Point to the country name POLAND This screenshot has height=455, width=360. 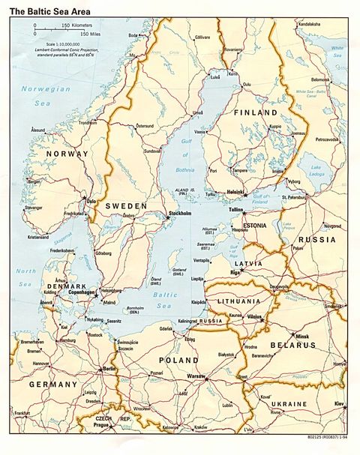[x=178, y=360]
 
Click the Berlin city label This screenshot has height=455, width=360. [x=110, y=370]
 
